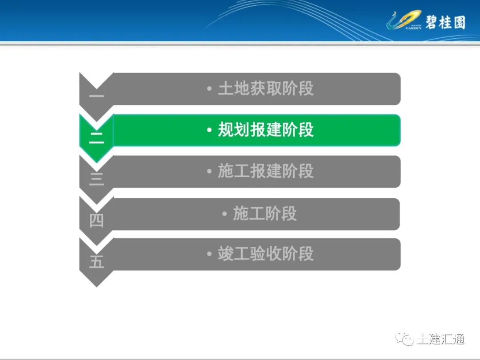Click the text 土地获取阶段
click(x=265, y=89)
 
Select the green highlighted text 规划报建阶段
click(x=265, y=130)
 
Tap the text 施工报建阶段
click(x=265, y=171)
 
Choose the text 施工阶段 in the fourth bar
click(x=264, y=214)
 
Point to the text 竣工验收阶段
click(x=265, y=254)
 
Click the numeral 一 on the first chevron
click(x=96, y=96)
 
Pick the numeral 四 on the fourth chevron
click(x=96, y=220)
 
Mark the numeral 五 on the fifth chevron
click(x=96, y=262)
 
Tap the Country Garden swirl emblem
click(x=403, y=20)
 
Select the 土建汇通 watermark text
click(x=440, y=339)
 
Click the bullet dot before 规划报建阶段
click(x=209, y=130)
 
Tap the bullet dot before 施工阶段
click(x=225, y=214)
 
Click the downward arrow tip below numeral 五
click(x=96, y=284)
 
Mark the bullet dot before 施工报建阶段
click(x=209, y=172)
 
